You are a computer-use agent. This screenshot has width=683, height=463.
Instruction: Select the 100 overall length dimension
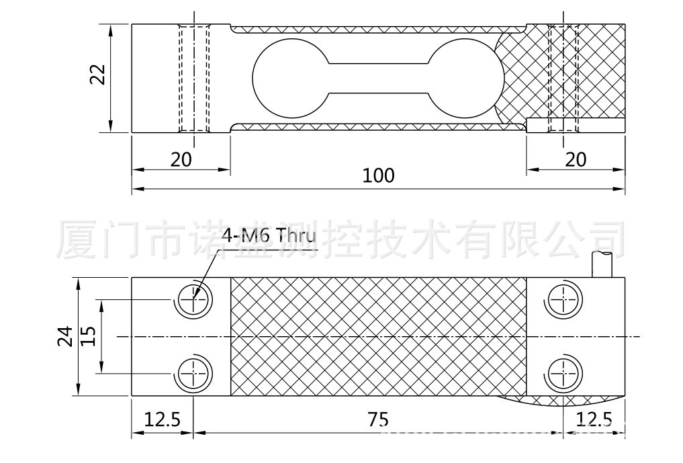pyautogui.click(x=378, y=176)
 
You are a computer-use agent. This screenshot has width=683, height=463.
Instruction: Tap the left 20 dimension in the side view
pyautogui.click(x=181, y=159)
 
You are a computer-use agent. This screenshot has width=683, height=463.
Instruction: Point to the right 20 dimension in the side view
pyautogui.click(x=576, y=159)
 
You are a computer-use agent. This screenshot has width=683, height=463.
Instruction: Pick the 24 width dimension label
pyautogui.click(x=64, y=336)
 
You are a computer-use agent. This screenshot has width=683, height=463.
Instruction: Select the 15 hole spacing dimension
pyautogui.click(x=88, y=336)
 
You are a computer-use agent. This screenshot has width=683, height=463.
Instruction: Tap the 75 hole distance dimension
pyautogui.click(x=378, y=419)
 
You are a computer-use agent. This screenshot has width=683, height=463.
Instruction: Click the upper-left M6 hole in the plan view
pyautogui.click(x=194, y=299)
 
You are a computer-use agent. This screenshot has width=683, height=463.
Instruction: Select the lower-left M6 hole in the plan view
pyautogui.click(x=194, y=372)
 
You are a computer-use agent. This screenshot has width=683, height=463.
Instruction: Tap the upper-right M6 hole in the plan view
pyautogui.click(x=561, y=299)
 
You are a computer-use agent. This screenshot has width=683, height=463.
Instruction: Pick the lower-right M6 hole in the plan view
pyautogui.click(x=561, y=372)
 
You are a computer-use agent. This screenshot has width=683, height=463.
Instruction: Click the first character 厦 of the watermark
pyautogui.click(x=80, y=239)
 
